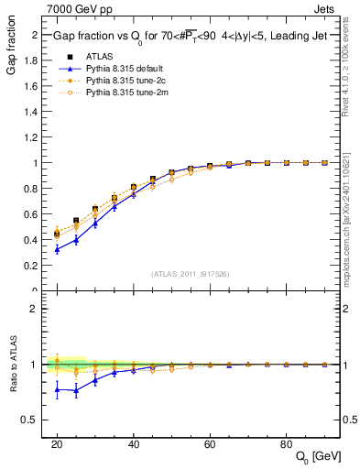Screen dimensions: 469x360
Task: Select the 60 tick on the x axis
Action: (x=210, y=443)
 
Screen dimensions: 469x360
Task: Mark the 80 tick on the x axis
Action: (x=286, y=443)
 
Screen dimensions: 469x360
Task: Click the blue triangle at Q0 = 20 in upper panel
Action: (x=57, y=249)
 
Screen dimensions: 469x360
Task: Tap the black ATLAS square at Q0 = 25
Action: (x=76, y=221)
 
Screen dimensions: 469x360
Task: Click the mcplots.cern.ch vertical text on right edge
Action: (x=351, y=220)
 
